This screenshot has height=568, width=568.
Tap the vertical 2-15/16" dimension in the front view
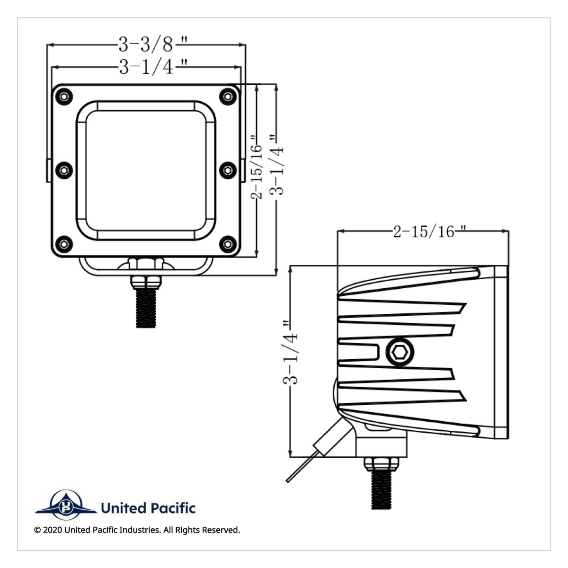coord(257,167)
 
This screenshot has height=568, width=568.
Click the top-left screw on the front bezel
coord(64,97)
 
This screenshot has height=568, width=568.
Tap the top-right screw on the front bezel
coord(228,97)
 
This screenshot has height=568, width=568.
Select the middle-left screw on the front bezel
coord(64,170)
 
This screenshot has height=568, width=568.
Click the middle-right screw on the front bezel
coord(228,170)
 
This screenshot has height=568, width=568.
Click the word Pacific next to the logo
coord(172,508)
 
